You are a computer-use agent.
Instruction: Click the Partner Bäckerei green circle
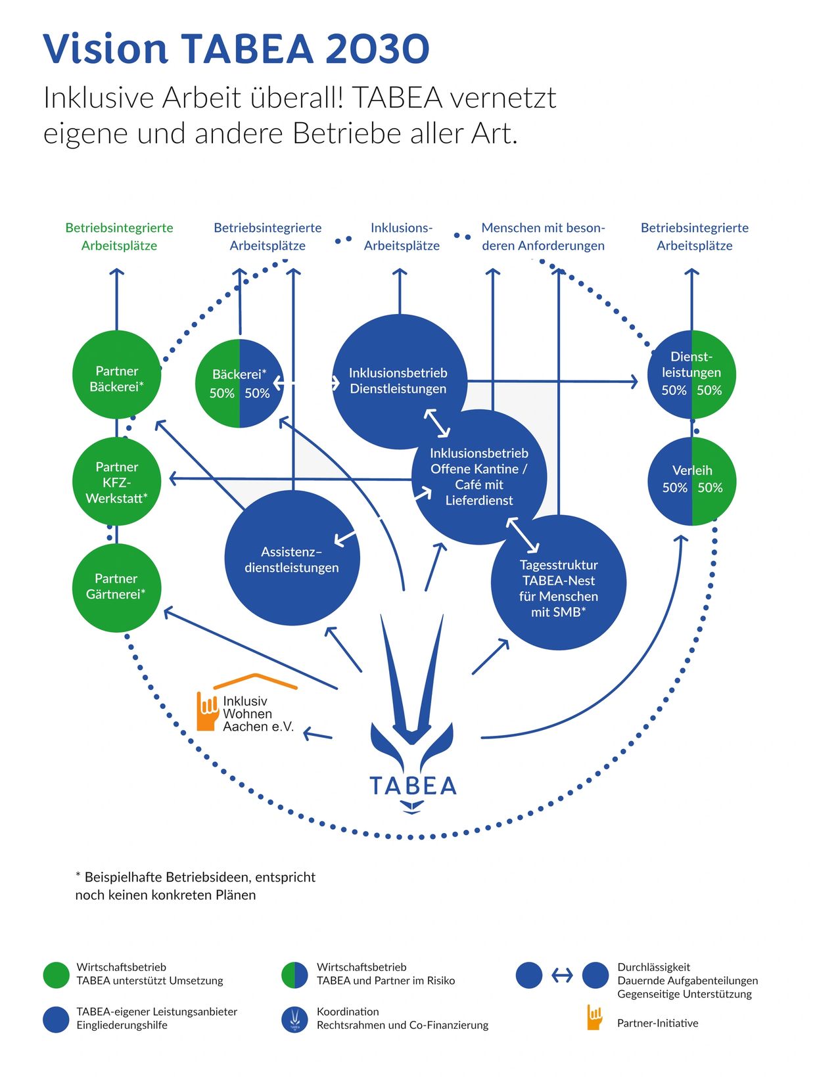pos(116,374)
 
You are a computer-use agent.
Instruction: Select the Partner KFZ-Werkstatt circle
pos(116,482)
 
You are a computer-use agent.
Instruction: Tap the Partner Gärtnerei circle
pos(116,587)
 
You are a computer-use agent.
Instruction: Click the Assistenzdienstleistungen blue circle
pos(292,558)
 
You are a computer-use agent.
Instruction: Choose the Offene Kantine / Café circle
pos(479,477)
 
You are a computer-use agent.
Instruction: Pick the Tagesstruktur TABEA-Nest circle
pos(559,583)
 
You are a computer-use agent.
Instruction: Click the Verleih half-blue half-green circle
pos(692,482)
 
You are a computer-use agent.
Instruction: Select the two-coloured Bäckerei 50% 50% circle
pos(240,383)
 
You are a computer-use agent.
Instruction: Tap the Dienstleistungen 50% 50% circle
pos(692,374)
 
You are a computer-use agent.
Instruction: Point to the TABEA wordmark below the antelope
pos(413,786)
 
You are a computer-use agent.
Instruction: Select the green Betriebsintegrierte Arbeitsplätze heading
pos(119,237)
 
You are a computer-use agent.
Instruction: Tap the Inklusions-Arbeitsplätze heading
pos(402,237)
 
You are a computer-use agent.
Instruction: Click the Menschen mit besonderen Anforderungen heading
pos(543,237)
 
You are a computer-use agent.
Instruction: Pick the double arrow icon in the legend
pos(562,976)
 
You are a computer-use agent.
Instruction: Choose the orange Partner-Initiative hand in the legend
pos(594,1018)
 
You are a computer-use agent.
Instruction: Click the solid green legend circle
pos(56,975)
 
